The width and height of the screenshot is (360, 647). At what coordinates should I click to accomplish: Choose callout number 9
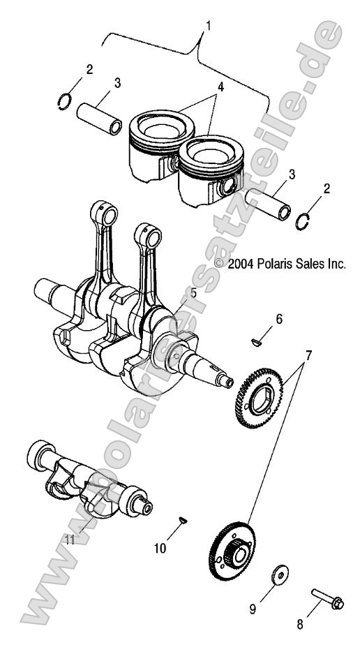coord(253,609)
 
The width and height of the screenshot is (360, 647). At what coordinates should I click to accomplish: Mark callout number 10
coord(159,549)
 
